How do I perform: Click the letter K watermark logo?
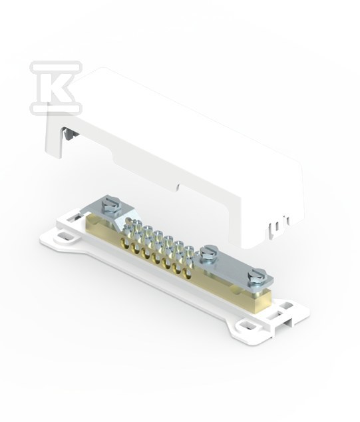56,87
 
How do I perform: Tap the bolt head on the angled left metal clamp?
110,204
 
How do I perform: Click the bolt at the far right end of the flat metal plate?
257,276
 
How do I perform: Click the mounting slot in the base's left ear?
64,238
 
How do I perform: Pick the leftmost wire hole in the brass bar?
124,243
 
